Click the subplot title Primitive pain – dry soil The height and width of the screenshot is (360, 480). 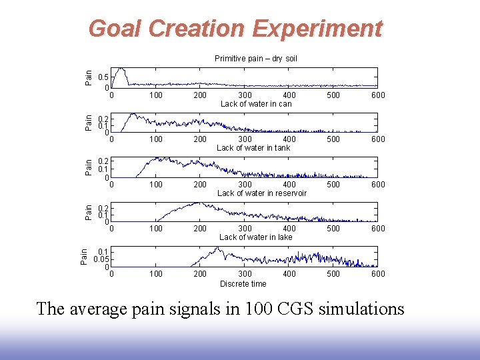pyautogui.click(x=256, y=59)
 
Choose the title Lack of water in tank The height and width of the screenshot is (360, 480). pyautogui.click(x=253, y=148)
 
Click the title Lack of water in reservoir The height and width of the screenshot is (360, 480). pyautogui.click(x=262, y=193)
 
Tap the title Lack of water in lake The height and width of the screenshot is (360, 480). pyautogui.click(x=256, y=237)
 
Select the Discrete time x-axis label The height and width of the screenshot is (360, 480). pyautogui.click(x=243, y=284)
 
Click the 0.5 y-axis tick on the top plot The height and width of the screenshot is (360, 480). pyautogui.click(x=103, y=77)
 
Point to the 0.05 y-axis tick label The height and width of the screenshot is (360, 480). pyautogui.click(x=101, y=259)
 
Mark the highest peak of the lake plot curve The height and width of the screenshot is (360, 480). pyautogui.click(x=217, y=248)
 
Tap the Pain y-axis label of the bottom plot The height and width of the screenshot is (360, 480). pyautogui.click(x=84, y=256)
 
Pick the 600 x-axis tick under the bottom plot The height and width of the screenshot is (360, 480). pyautogui.click(x=378, y=274)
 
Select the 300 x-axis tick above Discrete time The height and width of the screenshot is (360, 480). pyautogui.click(x=245, y=274)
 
